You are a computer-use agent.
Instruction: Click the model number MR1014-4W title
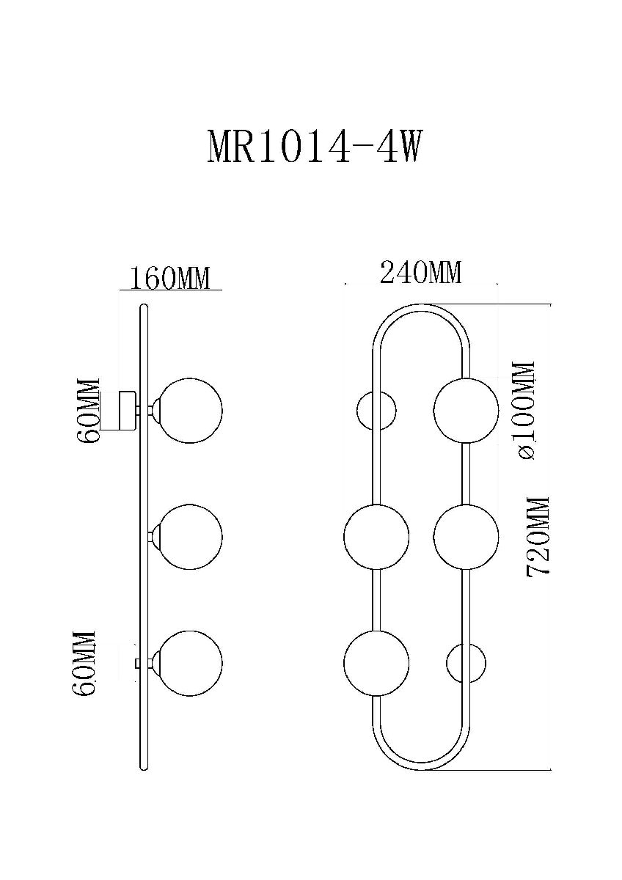(315, 147)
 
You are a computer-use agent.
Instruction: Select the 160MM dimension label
(169, 279)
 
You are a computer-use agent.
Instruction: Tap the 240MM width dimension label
(420, 274)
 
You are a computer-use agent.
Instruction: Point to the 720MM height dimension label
(538, 537)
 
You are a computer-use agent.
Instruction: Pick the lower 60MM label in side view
(86, 664)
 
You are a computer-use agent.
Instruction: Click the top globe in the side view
(191, 411)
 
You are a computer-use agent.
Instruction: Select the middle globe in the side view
(191, 537)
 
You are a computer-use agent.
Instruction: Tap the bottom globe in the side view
(191, 663)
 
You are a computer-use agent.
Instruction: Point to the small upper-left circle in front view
(376, 410)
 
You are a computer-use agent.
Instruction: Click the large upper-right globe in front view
(465, 410)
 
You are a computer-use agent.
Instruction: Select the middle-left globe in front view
(376, 537)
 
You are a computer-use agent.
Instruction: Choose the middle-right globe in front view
(465, 537)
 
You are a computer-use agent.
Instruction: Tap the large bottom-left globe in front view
(376, 663)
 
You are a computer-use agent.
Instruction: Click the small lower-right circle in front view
(466, 663)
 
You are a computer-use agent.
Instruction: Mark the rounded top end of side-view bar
(144, 307)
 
